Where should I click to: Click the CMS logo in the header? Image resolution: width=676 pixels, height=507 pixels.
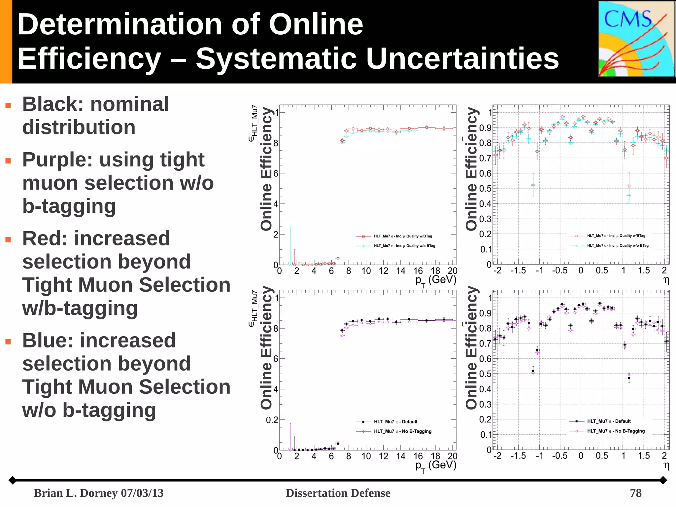coord(636,39)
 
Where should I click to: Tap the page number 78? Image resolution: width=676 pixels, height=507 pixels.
coord(635,493)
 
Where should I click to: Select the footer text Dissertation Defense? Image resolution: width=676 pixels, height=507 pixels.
coord(338,493)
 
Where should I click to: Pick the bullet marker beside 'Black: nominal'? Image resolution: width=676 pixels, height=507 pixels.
coord(8,106)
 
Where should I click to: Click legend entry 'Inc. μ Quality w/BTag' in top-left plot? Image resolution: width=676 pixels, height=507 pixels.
coord(402,236)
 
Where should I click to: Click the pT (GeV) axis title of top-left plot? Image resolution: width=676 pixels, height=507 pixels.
coord(436,280)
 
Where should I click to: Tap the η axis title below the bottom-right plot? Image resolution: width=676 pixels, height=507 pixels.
coord(666,465)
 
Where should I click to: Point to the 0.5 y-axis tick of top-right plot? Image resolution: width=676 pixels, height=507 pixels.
coord(485,189)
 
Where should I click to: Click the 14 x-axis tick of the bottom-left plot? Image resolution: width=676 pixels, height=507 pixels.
coord(400,456)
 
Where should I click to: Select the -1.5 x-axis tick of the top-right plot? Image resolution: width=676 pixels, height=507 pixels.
coord(518,271)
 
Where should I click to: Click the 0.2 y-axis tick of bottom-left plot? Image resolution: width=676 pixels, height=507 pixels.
coord(272,420)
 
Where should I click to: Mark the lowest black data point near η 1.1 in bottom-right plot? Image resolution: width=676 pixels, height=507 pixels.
coord(629,378)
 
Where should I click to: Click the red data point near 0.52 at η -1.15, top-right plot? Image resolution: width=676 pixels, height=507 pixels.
coord(533,185)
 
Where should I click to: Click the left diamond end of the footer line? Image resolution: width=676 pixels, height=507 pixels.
coord(12,480)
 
